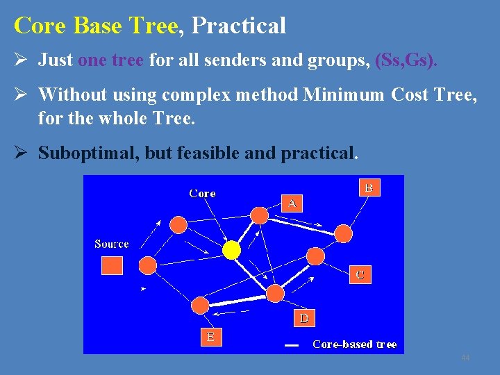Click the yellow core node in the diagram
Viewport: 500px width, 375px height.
pos(231,250)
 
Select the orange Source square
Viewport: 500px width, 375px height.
pos(112,265)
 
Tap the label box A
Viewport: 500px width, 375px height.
pos(292,203)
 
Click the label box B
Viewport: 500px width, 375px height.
pos(369,187)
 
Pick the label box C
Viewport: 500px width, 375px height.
pos(359,274)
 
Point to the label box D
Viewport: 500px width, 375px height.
pos(303,318)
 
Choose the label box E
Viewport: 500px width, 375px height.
pos(210,337)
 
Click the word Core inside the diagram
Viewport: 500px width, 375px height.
pos(202,194)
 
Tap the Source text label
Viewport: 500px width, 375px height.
pos(112,244)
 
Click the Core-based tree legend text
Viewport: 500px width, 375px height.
pos(354,344)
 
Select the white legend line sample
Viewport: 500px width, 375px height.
pos(292,345)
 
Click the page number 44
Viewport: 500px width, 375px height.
pos(465,358)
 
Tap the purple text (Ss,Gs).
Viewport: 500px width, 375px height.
pos(406,60)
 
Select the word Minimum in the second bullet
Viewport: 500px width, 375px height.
pos(343,94)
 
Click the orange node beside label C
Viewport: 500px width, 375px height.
pos(316,256)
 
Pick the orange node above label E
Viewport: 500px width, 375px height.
pos(200,306)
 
